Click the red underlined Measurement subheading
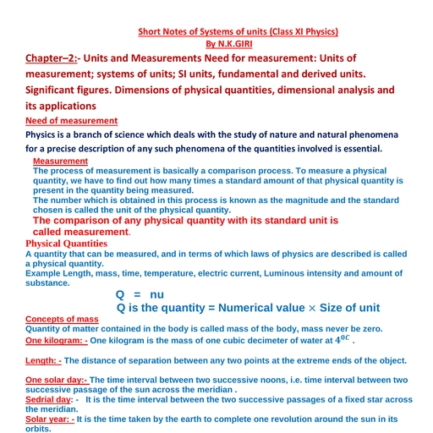(60, 161)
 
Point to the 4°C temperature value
(341, 338)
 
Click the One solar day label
(58, 380)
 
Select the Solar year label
(50, 419)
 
